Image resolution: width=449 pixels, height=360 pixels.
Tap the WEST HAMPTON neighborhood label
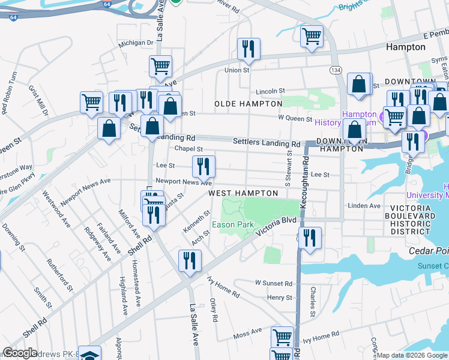[243, 193]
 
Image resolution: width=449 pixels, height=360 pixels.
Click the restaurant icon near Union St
[249, 49]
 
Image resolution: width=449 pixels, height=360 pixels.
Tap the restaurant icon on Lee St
[203, 166]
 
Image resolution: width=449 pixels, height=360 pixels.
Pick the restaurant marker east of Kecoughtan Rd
[310, 237]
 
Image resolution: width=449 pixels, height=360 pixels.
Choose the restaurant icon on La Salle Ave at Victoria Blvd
[190, 261]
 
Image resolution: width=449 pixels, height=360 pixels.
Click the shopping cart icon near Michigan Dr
[160, 67]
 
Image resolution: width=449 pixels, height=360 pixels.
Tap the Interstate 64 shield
[13, 17]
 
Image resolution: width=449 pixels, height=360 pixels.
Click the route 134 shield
[336, 70]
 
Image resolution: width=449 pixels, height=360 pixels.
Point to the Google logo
[20, 353]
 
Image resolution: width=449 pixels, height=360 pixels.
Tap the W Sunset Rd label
[273, 283]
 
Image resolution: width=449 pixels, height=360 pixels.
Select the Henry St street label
[280, 298]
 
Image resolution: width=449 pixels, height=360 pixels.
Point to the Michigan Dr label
[136, 43]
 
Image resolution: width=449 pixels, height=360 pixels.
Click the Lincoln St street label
[270, 91]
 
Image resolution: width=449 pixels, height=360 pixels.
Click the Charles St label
[313, 301]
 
